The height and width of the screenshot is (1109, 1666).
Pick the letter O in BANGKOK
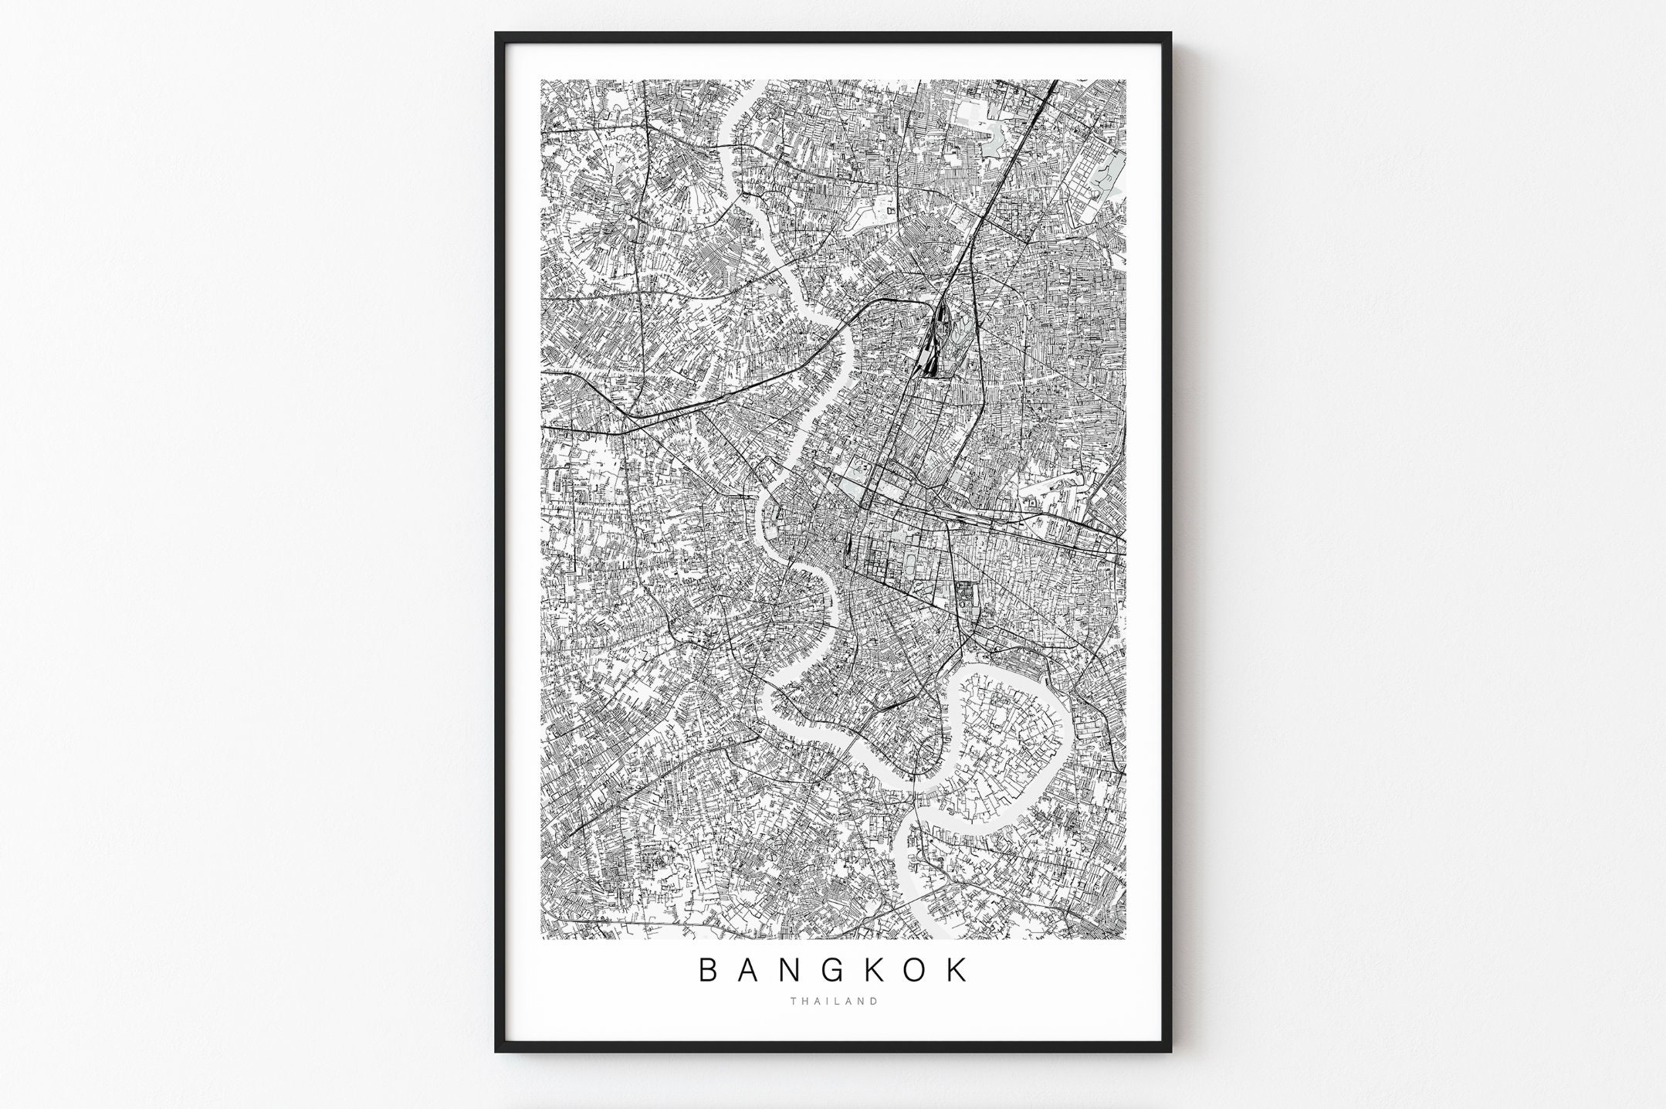coord(916,971)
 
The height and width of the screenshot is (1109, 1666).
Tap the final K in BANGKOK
coord(958,971)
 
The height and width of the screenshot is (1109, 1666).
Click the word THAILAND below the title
coord(834,1002)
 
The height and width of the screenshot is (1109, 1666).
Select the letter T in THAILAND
coord(793,1002)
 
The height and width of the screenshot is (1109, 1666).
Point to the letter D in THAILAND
coord(874,1002)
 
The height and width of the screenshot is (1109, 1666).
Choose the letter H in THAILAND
coord(804,1002)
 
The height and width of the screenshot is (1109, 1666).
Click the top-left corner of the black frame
coord(496,33)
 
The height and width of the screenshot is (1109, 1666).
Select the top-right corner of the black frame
coord(1170,33)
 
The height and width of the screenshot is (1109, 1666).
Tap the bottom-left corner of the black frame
coord(496,1051)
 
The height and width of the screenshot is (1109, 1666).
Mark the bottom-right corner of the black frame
coord(1170,1051)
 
